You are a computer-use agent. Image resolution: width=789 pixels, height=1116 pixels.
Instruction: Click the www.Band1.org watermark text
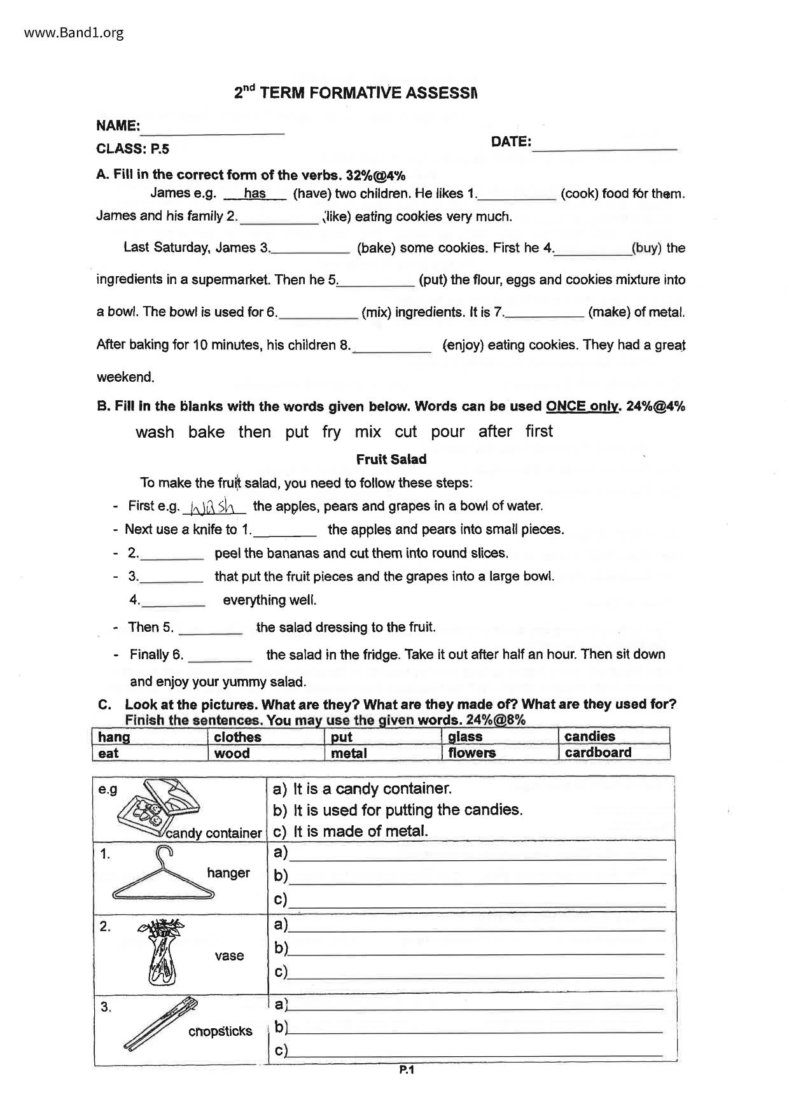pyautogui.click(x=74, y=33)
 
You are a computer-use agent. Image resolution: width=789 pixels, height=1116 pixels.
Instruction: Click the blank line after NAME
pyautogui.click(x=213, y=132)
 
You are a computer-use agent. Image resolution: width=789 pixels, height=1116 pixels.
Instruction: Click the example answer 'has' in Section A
pyautogui.click(x=255, y=193)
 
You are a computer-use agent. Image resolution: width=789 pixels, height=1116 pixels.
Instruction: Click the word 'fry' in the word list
pyautogui.click(x=332, y=432)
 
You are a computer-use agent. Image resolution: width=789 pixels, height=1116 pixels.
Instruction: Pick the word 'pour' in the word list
pyautogui.click(x=448, y=432)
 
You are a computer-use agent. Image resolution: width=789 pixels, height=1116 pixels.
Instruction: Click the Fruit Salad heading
pyautogui.click(x=391, y=459)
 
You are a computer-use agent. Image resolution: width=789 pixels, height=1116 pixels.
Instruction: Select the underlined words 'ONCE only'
pyautogui.click(x=582, y=407)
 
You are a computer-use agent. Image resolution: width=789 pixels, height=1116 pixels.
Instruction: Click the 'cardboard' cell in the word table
pyautogui.click(x=598, y=753)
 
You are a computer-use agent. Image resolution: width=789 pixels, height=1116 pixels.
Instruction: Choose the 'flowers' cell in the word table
pyautogui.click(x=471, y=753)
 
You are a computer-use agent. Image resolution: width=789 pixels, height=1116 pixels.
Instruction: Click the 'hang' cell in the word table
pyautogui.click(x=114, y=737)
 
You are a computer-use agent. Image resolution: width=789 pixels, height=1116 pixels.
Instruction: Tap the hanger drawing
pyautogui.click(x=159, y=878)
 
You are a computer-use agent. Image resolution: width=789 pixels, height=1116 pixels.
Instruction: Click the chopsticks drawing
pyautogui.click(x=159, y=1024)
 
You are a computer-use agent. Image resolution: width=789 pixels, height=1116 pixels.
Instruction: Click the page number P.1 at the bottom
pyautogui.click(x=407, y=1070)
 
